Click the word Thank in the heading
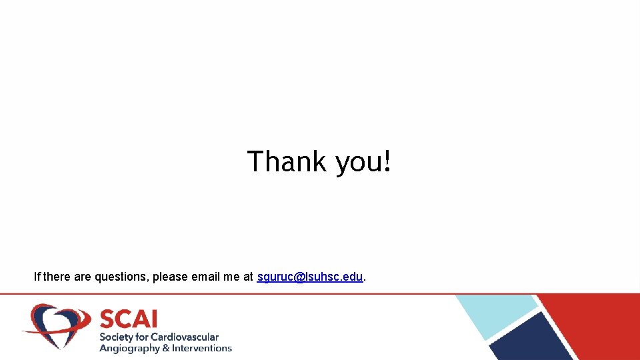coord(287,161)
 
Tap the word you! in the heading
coord(363,163)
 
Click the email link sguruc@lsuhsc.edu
coord(310,277)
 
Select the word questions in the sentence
coord(121,277)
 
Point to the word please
coord(170,277)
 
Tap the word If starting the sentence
coord(37,277)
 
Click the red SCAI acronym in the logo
coord(128,319)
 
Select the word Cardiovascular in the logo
coord(184,337)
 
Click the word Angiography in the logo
coord(129,348)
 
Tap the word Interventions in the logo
coord(202,348)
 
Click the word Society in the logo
coord(115,337)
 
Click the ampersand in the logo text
coord(167,348)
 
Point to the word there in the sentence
coord(57,277)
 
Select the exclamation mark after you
coord(387,161)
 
